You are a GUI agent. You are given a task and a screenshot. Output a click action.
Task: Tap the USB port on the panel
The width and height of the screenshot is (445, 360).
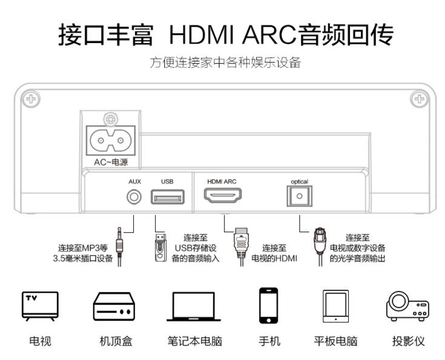pos(168,197)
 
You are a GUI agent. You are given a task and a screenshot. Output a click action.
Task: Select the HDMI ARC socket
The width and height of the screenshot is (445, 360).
pos(223,196)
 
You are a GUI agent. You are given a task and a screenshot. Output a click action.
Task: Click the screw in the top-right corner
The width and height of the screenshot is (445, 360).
pos(417,98)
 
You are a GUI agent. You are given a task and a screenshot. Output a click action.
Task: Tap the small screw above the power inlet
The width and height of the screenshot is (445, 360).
pos(110,119)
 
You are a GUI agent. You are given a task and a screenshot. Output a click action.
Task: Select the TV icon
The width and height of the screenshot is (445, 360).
pos(41,307)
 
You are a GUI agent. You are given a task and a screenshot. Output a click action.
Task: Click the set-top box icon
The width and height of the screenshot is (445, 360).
pos(114,308)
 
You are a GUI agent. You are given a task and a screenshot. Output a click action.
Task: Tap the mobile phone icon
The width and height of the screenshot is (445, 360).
pos(269,307)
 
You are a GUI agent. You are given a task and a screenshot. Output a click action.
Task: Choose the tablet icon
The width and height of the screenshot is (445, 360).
pos(335,307)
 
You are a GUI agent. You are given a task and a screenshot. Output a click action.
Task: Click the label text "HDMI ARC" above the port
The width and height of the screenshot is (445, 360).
pos(222,181)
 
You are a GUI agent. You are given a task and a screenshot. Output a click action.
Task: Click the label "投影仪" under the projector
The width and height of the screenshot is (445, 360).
pos(408,341)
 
